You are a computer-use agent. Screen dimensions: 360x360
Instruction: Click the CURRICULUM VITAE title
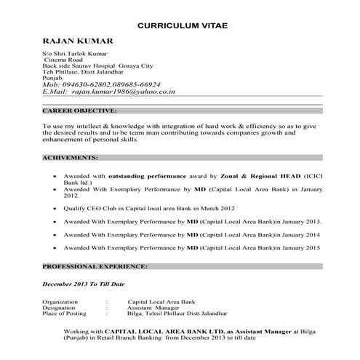coord(183,26)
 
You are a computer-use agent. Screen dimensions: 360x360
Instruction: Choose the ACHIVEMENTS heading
coord(71,158)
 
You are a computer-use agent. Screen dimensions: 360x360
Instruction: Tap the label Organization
coord(60,300)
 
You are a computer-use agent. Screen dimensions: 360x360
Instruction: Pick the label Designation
coord(59,307)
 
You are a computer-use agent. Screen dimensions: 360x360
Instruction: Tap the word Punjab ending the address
coord(53,77)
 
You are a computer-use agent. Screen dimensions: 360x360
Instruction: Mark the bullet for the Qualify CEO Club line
coord(56,208)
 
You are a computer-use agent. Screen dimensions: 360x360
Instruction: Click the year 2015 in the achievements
coord(313,248)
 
